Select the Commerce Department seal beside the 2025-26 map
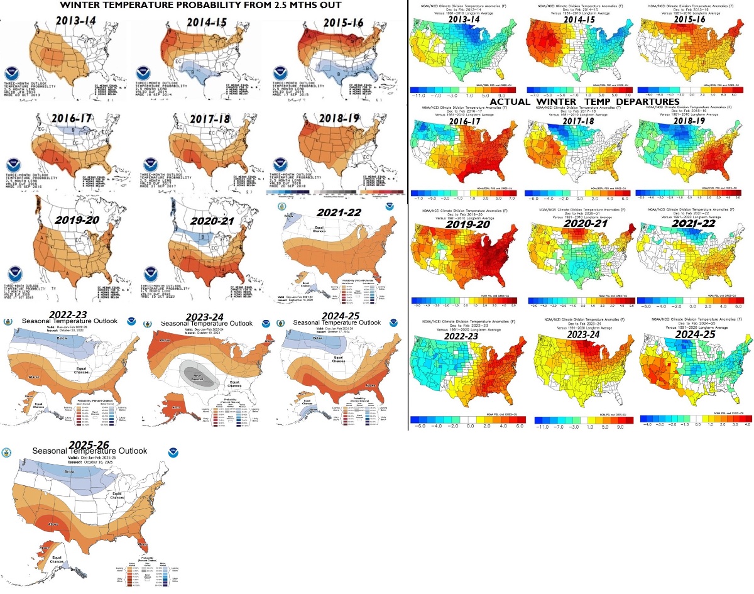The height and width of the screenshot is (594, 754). [7, 453]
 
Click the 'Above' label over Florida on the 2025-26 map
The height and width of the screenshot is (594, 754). [142, 543]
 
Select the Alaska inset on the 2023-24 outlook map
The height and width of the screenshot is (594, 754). [170, 407]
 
